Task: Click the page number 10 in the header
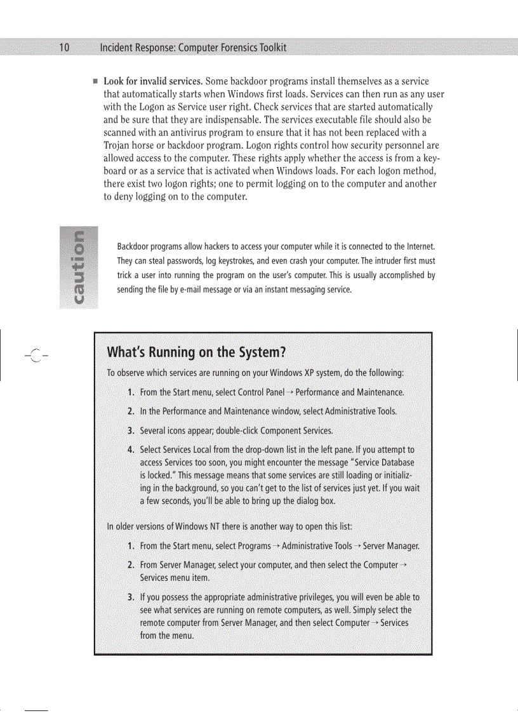[63, 48]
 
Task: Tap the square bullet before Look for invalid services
[95, 82]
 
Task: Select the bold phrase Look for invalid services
[153, 81]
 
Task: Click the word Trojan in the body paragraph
[119, 145]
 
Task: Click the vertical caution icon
[79, 267]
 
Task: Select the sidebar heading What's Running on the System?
[196, 352]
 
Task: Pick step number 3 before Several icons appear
[130, 430]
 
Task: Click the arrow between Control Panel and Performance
[289, 392]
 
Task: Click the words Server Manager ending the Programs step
[390, 546]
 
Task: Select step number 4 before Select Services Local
[130, 450]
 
